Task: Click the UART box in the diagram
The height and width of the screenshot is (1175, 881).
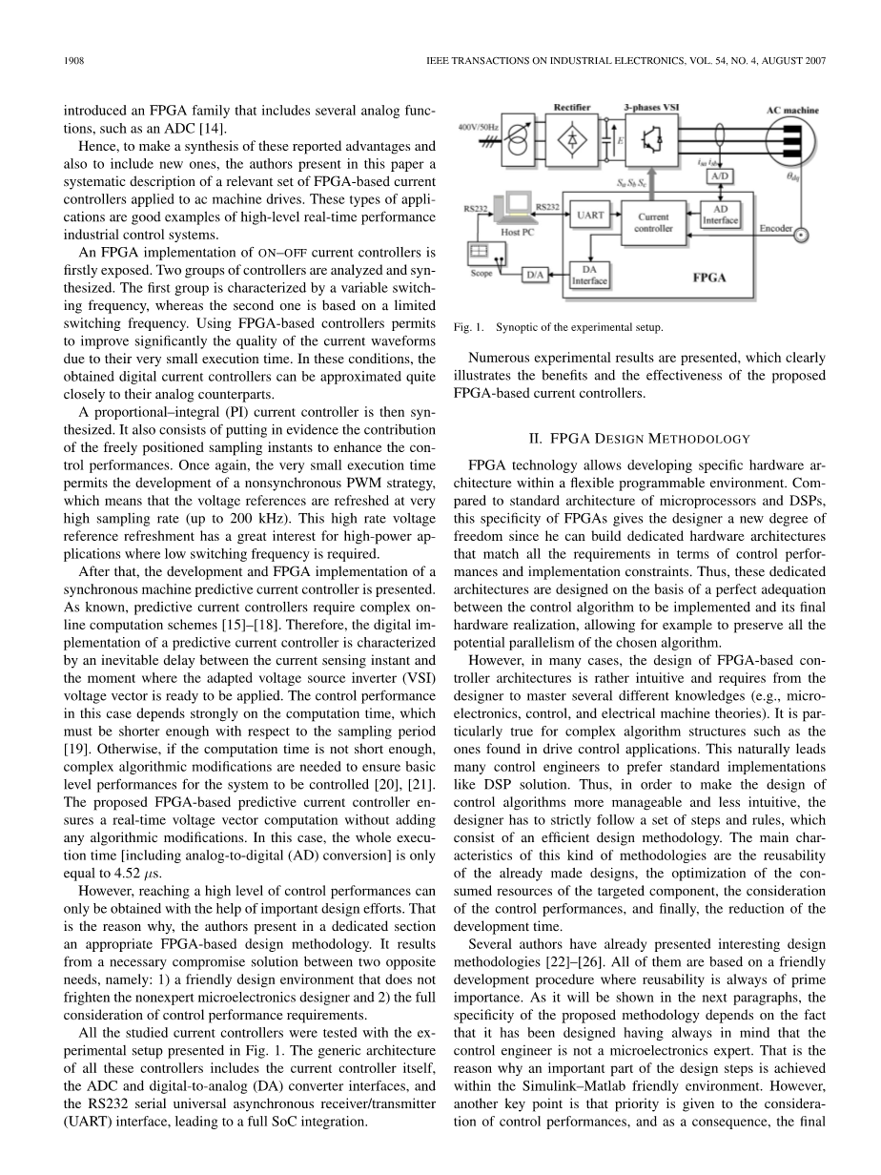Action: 590,216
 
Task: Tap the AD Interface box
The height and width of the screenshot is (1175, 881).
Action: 720,215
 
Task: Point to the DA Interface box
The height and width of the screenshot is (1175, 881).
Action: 589,275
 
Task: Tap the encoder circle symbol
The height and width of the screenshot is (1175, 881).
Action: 802,233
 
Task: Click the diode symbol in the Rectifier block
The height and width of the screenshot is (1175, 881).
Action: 572,139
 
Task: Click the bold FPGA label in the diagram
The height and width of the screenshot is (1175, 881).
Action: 708,278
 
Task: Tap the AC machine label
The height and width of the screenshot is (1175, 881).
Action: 792,111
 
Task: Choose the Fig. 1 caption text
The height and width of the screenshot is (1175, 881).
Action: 558,328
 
